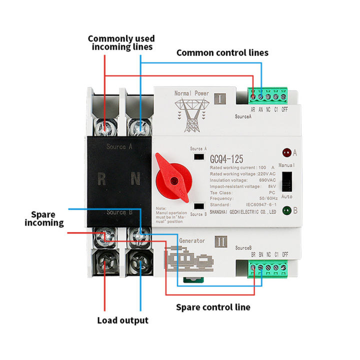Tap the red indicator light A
tap(287, 151)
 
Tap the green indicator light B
tap(287, 210)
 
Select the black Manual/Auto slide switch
tap(287, 180)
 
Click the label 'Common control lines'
tap(222, 52)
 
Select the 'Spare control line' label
tap(213, 307)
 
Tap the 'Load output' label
tap(123, 320)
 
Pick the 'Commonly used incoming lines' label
tap(121, 43)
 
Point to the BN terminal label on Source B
tap(261, 254)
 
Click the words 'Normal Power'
tap(191, 93)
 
